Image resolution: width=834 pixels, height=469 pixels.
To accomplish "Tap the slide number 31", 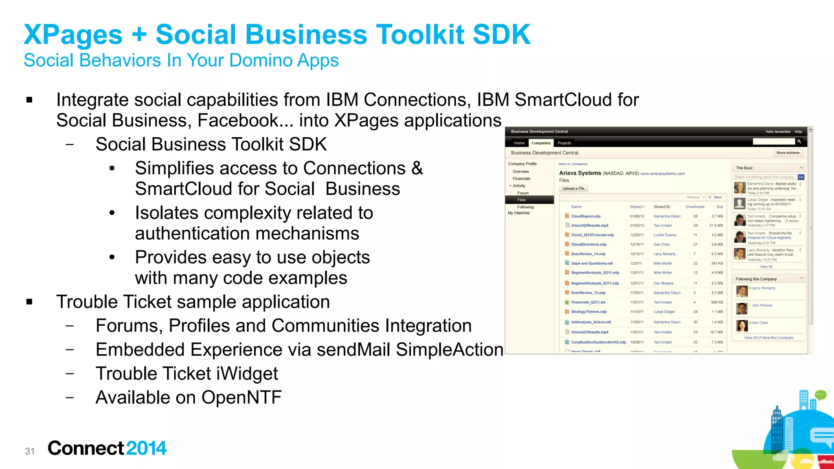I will tap(30, 451).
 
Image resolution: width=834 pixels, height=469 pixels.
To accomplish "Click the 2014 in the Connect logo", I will tap(146, 448).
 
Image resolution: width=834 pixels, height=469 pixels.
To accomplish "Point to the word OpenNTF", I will tap(241, 397).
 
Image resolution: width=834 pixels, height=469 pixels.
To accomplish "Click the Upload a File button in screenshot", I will tap(573, 188).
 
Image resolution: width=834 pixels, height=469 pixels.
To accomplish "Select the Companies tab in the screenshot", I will tap(541, 143).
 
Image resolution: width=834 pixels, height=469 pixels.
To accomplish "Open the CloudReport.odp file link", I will tap(586, 216).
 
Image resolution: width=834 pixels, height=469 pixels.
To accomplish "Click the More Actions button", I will tap(788, 153).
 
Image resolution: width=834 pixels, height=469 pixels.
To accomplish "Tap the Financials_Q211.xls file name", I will tap(588, 302).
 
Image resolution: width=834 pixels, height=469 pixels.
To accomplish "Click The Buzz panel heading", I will tap(744, 168).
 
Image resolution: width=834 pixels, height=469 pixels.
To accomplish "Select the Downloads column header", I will tap(695, 207).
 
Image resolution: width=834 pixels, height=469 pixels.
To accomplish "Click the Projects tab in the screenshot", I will tap(564, 143).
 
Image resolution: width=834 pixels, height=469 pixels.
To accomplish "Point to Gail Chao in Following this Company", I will tap(759, 322).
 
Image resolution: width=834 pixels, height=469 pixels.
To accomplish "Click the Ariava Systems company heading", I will tap(580, 173).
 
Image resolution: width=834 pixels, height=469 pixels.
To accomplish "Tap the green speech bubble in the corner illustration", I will tap(820, 394).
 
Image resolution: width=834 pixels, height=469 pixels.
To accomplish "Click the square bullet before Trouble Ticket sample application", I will tap(29, 302).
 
